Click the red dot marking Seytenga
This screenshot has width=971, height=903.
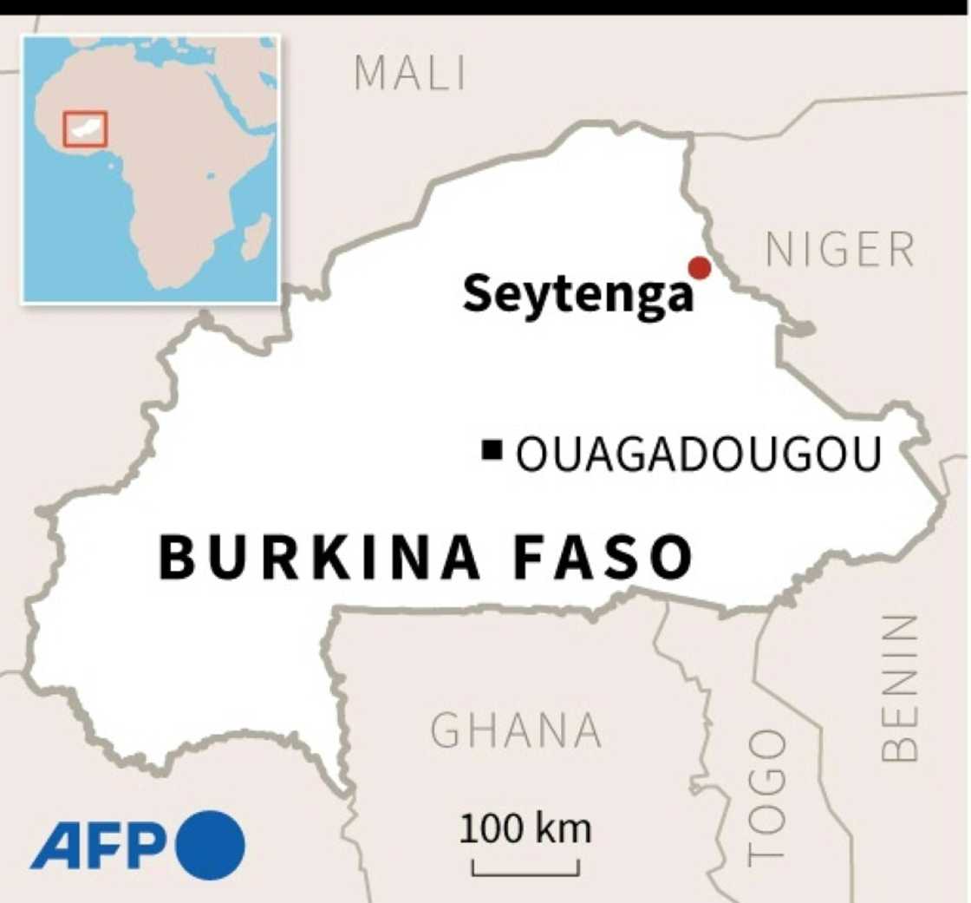[x=698, y=268]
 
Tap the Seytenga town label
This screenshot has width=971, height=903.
[x=578, y=294]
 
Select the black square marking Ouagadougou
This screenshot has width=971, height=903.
[x=493, y=449]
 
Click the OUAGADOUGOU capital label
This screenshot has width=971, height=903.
[x=699, y=454]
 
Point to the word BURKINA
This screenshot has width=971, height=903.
[x=320, y=557]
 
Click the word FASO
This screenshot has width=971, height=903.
[x=603, y=557]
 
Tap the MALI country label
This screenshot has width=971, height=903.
[x=410, y=74]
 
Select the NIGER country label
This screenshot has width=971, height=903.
[x=840, y=251]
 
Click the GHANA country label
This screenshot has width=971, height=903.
[x=516, y=730]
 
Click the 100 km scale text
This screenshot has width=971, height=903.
[x=525, y=829]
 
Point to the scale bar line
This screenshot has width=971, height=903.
[x=525, y=868]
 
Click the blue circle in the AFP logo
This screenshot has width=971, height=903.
[x=211, y=845]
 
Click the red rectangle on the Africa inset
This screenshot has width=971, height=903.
[x=85, y=129]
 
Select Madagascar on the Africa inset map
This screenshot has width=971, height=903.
[x=255, y=236]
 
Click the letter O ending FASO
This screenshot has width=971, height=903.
[x=668, y=557]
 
